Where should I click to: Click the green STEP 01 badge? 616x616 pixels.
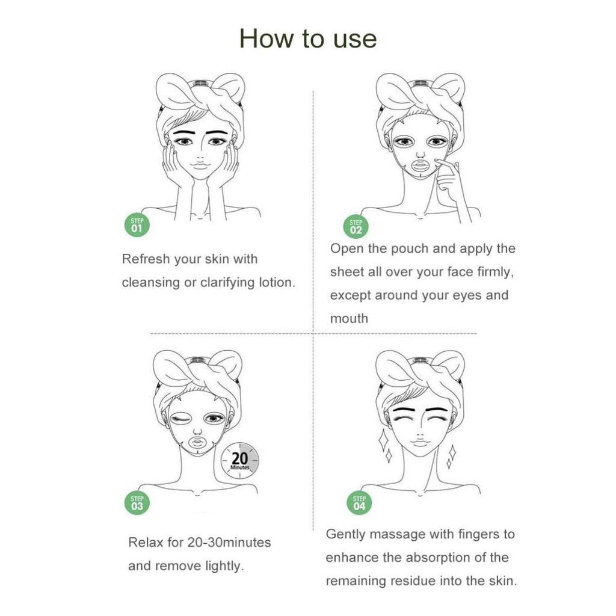point(137,226)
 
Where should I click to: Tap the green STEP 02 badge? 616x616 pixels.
point(356,227)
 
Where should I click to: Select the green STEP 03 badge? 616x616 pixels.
point(137,502)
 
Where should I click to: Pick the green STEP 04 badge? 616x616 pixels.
point(359,502)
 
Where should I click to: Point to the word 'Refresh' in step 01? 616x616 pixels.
point(146,259)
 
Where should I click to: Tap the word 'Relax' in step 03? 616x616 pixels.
point(147,543)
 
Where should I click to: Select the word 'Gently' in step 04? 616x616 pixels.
point(345,534)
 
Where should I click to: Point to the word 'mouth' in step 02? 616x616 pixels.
point(349,319)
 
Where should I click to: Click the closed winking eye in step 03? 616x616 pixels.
point(180,419)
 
